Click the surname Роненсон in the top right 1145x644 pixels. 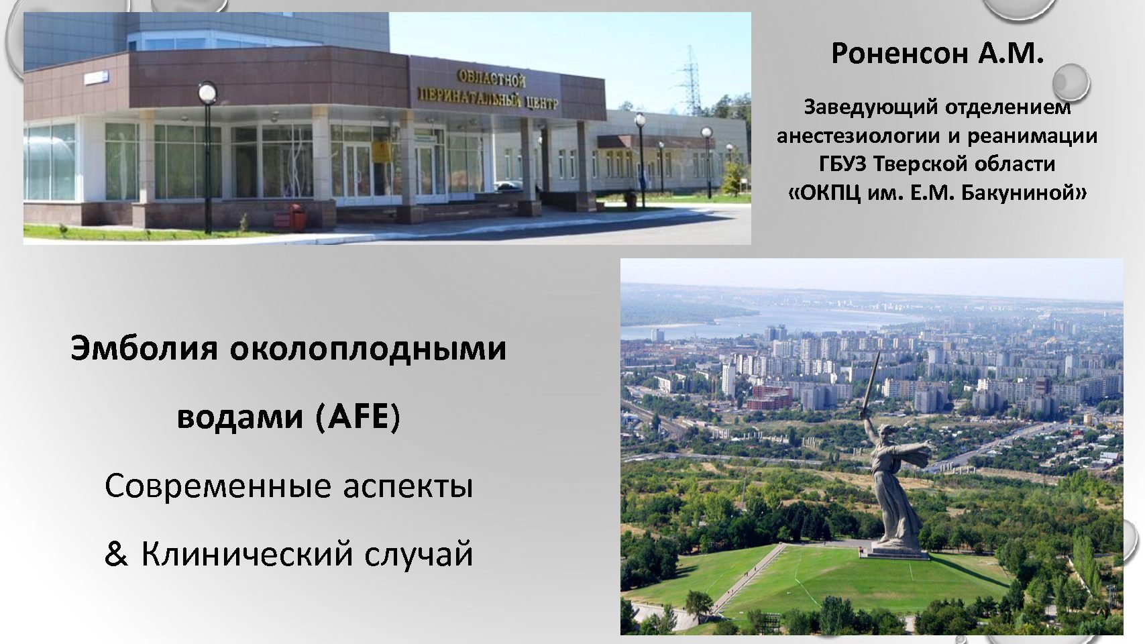[x=899, y=53]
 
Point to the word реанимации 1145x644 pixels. [x=1032, y=136]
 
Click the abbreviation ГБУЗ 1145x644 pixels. [x=843, y=164]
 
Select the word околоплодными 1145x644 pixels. [x=368, y=349]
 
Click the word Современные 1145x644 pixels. [x=218, y=486]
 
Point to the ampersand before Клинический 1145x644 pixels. [x=116, y=555]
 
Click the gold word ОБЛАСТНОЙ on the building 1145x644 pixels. [x=491, y=79]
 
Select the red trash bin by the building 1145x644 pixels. [x=297, y=217]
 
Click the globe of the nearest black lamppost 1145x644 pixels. [x=207, y=93]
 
